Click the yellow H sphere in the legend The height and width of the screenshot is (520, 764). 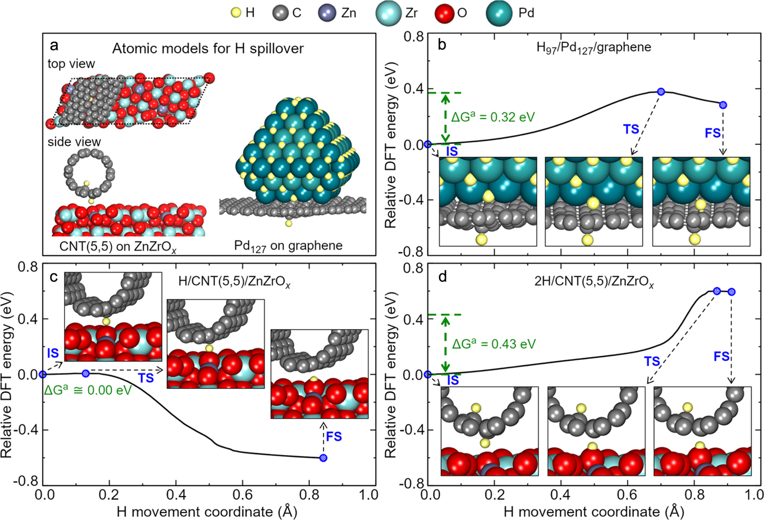(x=235, y=13)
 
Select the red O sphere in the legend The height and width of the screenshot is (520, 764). (x=444, y=13)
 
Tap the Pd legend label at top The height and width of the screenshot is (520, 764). (x=526, y=13)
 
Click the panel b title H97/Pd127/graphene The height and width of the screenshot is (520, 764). (x=594, y=47)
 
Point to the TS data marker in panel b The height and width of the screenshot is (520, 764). (x=661, y=91)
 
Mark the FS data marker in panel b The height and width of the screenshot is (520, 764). (x=723, y=105)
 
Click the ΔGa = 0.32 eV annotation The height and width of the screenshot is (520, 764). (x=492, y=117)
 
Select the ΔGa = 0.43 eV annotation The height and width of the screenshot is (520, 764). (x=494, y=343)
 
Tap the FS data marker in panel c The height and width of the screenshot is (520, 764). (x=323, y=458)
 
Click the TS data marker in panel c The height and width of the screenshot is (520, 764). (x=86, y=374)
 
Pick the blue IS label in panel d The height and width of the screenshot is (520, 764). (x=453, y=380)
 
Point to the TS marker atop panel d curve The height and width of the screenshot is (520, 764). (x=717, y=291)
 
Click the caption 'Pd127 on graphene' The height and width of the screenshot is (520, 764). (x=288, y=245)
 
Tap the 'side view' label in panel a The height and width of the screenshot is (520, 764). (x=74, y=141)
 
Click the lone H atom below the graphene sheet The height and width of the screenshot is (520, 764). (x=289, y=224)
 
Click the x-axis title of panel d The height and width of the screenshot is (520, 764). (x=594, y=511)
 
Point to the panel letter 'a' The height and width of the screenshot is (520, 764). (x=54, y=45)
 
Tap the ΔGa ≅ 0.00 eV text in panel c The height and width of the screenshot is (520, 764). (x=88, y=390)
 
